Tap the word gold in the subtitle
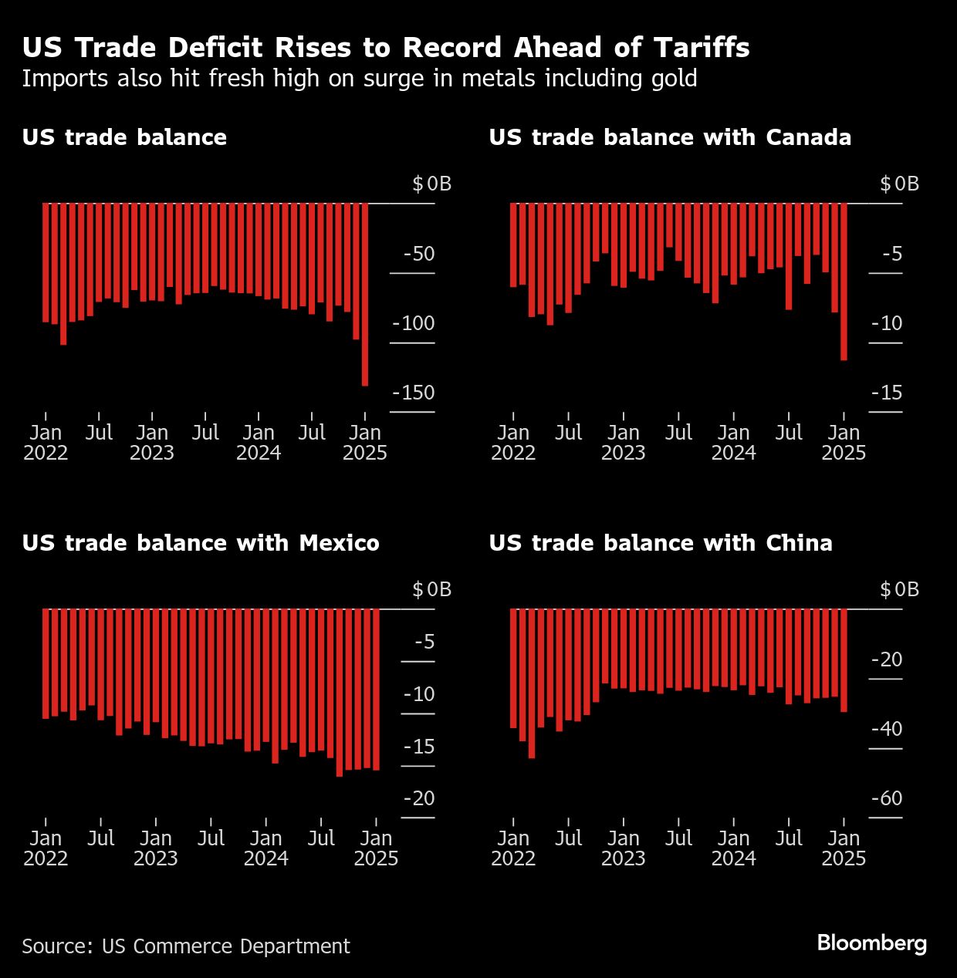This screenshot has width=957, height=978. pos(675,79)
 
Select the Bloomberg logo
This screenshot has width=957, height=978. pos(871,943)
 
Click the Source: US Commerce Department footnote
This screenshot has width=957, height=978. pos(186,946)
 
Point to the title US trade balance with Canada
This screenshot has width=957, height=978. pos(670,137)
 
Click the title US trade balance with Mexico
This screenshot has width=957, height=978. pos(201,543)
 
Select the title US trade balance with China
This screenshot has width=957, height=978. pos(661,543)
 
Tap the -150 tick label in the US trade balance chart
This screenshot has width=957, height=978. pos(414,393)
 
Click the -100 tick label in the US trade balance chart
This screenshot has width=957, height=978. pos(414,323)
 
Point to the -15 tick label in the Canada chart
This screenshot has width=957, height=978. pos(886,393)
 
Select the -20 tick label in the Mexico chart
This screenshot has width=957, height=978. pos(419,798)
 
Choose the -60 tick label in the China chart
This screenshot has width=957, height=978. pos(886,798)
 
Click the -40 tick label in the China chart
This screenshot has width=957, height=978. pos(886,729)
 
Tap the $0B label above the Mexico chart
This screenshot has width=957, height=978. pos(431,589)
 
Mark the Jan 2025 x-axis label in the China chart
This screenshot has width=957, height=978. pos(844,848)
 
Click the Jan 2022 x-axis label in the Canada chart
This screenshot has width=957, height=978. pos(513,442)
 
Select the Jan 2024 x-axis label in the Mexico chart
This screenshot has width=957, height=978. pos(266,848)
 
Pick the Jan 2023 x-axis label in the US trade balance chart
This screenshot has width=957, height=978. pos(152,442)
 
